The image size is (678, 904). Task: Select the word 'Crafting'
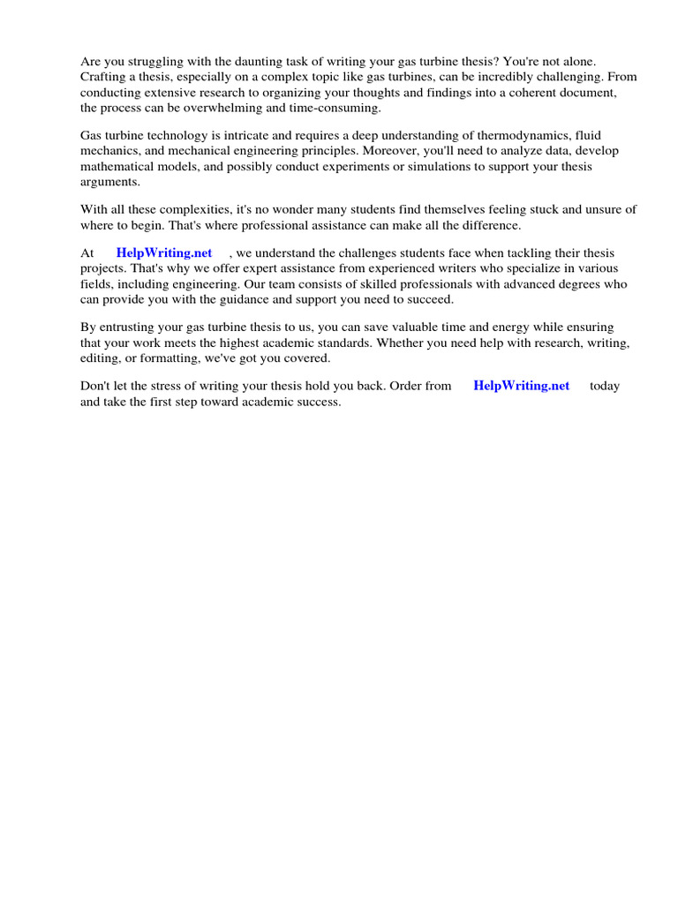coord(104,77)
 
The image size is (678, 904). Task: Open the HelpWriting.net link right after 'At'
coord(164,252)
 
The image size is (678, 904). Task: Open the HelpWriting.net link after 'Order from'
coord(522,386)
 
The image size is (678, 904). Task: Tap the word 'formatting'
coord(169,358)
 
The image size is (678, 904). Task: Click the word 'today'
coord(605,386)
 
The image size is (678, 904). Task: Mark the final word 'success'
coord(317,402)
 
